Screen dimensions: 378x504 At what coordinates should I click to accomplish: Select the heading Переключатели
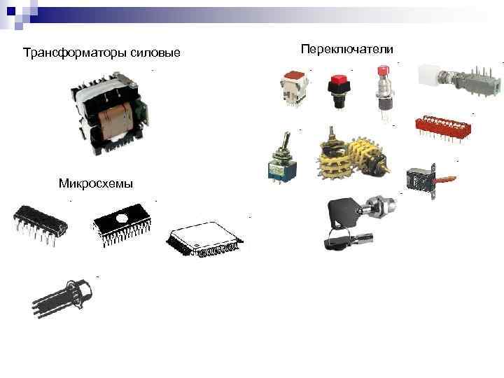coord(346,49)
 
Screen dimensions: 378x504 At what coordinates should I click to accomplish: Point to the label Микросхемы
coord(97,183)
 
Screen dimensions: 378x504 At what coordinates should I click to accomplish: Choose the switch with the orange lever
coord(429,179)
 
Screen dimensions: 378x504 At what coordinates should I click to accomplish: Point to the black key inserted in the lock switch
coord(346,209)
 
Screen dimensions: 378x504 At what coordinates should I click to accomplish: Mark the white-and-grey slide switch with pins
coord(459,80)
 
